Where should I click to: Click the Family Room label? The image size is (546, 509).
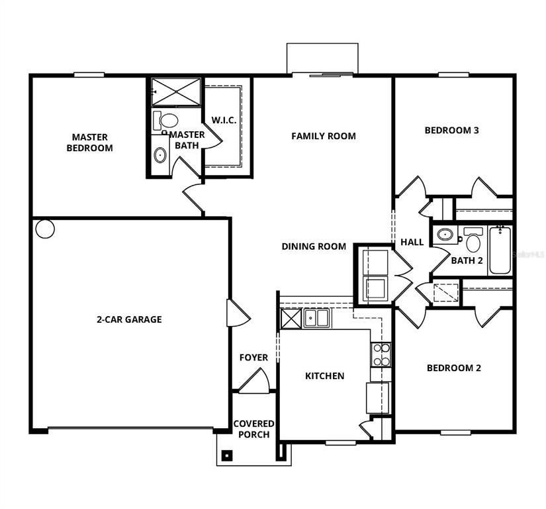pos(324,136)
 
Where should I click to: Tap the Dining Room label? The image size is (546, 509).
pos(314,247)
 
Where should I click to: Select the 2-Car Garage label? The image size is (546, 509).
pos(129,319)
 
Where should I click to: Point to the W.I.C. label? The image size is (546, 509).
pos(224,120)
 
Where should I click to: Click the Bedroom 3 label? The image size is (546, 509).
pos(451,131)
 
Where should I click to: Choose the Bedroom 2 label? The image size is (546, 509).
pos(454,368)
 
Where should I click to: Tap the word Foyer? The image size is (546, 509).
pos(254,357)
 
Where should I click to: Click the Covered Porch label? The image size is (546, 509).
pos(254,429)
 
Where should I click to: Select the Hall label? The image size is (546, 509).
pos(412,242)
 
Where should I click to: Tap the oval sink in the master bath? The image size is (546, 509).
pos(160,155)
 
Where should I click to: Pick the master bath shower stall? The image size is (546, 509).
pos(176,91)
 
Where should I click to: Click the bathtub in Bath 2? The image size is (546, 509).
pos(500,251)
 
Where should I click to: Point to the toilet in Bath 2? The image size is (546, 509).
pos(473,240)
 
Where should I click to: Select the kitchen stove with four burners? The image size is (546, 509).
pos(381,355)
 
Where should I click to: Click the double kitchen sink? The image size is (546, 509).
pos(316,318)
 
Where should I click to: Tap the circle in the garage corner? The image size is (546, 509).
pos(45,229)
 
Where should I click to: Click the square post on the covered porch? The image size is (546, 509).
pos(227,455)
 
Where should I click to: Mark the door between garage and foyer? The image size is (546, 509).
pos(238,313)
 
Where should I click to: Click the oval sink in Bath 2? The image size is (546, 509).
pos(444,234)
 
